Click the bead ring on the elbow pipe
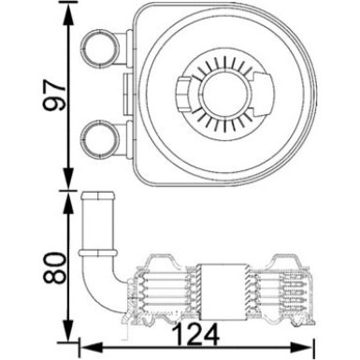(x=96, y=252)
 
